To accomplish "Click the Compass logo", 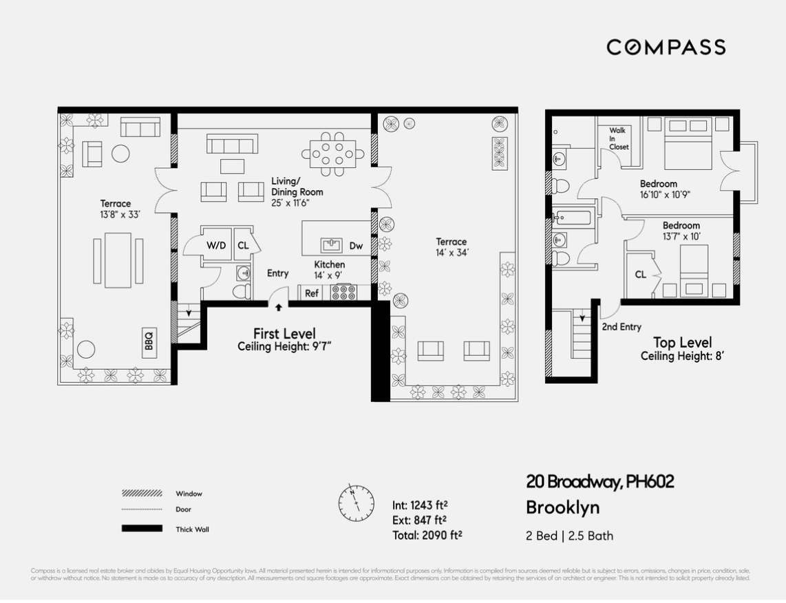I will (666, 47).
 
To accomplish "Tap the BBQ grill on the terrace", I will (149, 340).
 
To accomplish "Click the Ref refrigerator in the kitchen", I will (312, 293).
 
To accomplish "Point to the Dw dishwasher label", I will (356, 245).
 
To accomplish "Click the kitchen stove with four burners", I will (343, 293).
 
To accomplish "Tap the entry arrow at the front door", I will (278, 308).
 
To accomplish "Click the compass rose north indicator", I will (356, 502).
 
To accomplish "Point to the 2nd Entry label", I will (621, 327).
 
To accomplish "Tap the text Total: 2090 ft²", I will (427, 535).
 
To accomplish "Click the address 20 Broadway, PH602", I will (599, 482).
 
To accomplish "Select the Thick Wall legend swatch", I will (142, 529).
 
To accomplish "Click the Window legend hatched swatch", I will (142, 494).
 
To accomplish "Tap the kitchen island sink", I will (332, 244).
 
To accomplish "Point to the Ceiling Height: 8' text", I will (682, 356).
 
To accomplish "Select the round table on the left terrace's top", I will (120, 153).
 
